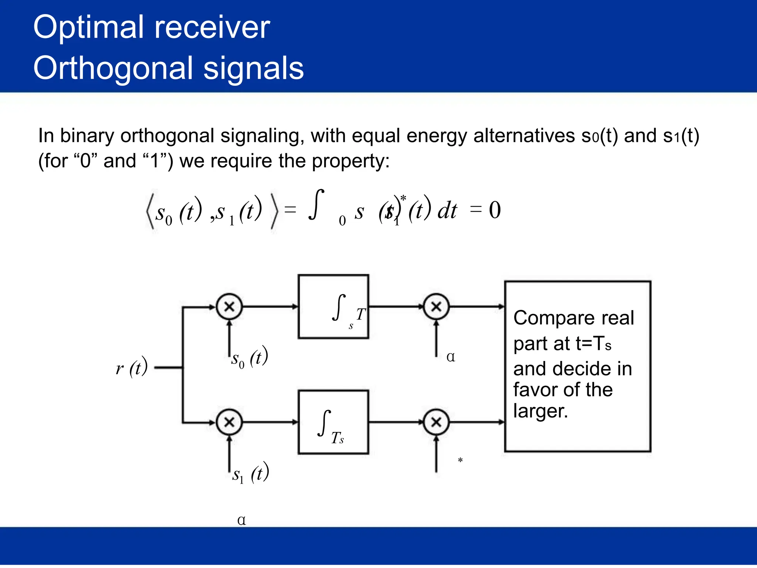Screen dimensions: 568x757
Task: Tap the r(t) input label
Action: (132, 367)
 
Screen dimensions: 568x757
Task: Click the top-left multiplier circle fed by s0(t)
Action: (229, 307)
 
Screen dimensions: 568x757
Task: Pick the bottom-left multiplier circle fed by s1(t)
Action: (229, 422)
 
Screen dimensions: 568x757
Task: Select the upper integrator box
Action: (333, 307)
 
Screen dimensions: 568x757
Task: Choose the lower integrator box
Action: (333, 422)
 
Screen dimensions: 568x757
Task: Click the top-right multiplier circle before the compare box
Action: (436, 307)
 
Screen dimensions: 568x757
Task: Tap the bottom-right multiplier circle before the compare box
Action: (436, 422)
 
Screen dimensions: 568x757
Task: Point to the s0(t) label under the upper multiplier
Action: (249, 358)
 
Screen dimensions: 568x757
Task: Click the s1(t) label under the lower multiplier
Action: (250, 473)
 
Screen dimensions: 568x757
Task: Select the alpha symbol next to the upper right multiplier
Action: (451, 357)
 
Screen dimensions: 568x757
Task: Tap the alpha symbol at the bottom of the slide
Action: (241, 520)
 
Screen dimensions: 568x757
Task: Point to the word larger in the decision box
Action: (540, 411)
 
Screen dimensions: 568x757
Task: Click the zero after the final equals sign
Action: (495, 210)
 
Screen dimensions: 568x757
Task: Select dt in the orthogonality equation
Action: (447, 211)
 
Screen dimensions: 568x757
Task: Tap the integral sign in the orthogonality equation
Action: (316, 204)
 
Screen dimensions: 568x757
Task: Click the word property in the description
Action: (350, 161)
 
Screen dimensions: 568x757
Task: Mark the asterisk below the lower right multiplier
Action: (460, 460)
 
